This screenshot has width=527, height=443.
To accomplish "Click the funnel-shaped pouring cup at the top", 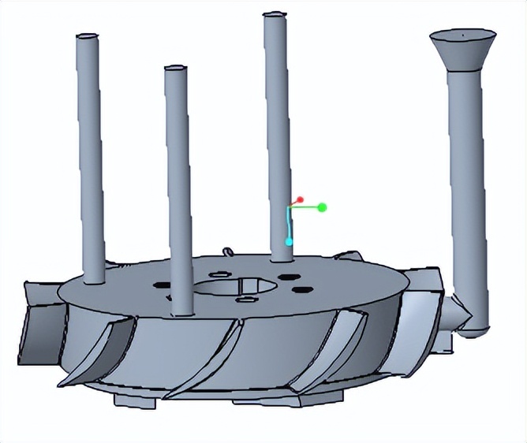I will pos(462,52).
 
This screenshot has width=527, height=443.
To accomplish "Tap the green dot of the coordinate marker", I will pos(322,207).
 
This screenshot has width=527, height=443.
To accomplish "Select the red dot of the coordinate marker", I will pos(301,201).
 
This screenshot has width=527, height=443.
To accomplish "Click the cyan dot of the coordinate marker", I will pos(290,240).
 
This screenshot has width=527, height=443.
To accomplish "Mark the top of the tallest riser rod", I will pos(274,15).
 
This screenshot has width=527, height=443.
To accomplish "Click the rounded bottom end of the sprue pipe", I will pos(472,329).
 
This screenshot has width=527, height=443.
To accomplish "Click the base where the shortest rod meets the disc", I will pos(181,310).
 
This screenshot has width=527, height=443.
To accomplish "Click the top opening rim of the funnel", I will pos(462,35).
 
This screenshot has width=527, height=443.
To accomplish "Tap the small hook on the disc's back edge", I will pos(229,251).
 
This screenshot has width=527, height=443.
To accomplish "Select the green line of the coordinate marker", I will pos(309,207).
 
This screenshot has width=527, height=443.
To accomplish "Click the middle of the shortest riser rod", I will pos(178,189).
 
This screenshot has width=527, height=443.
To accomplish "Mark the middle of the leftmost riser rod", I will pos(91,158).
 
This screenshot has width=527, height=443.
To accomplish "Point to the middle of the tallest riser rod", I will pos(277,134).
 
